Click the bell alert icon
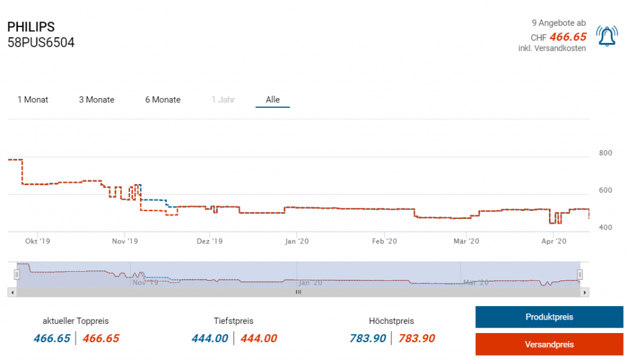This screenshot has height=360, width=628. click(607, 37)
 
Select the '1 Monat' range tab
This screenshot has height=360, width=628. click(33, 99)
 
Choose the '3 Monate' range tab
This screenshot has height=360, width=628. click(97, 99)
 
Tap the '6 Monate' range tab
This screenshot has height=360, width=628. click(163, 99)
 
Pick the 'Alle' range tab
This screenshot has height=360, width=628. click(273, 99)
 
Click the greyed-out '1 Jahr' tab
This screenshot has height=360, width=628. click(223, 99)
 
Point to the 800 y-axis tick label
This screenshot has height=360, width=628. click(605, 153)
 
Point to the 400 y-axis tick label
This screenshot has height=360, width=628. click(605, 228)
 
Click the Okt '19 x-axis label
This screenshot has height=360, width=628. click(37, 241)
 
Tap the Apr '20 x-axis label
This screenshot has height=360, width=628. click(554, 241)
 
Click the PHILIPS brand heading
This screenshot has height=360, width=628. click(31, 28)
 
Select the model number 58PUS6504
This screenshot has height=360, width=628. click(41, 43)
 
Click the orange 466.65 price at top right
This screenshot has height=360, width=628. click(568, 37)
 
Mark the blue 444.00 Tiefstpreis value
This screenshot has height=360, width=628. click(210, 338)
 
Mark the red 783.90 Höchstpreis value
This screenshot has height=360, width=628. click(417, 338)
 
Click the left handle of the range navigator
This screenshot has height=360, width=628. click(17, 274)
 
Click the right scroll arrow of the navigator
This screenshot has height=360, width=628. click(585, 293)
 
